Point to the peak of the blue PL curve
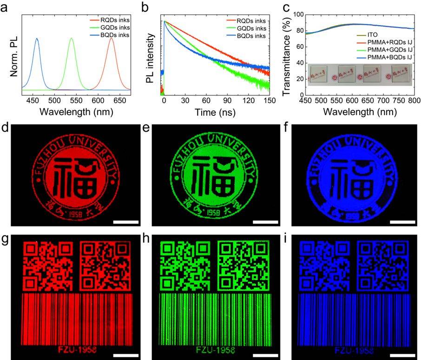(37, 39)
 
